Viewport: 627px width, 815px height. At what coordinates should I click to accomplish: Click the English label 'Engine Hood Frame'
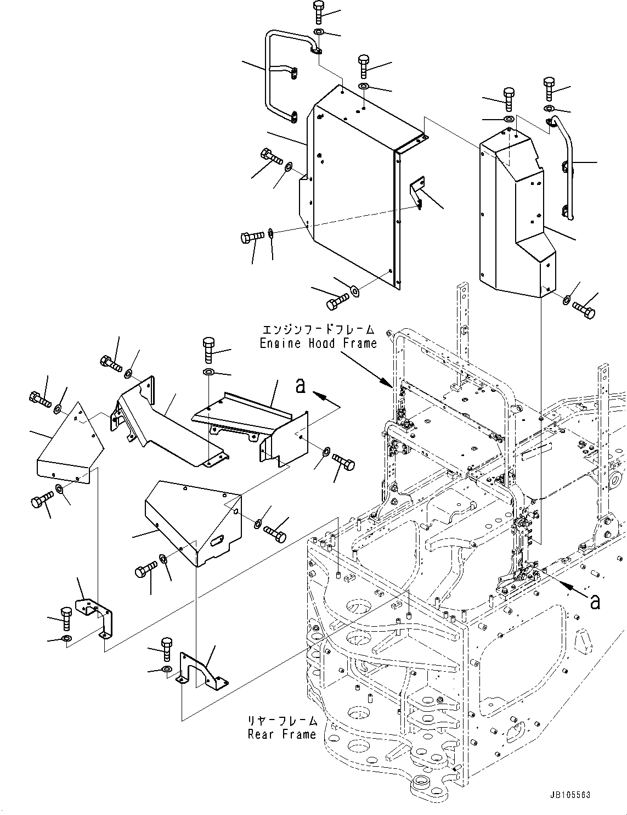pos(318,344)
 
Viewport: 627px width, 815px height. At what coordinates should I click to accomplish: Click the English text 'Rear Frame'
pos(282,734)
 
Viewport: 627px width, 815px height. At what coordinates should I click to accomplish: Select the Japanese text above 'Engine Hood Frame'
pos(318,330)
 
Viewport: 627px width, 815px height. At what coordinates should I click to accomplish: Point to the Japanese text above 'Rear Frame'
pos(282,721)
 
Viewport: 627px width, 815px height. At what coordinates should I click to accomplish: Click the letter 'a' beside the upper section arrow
pos(300,386)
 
